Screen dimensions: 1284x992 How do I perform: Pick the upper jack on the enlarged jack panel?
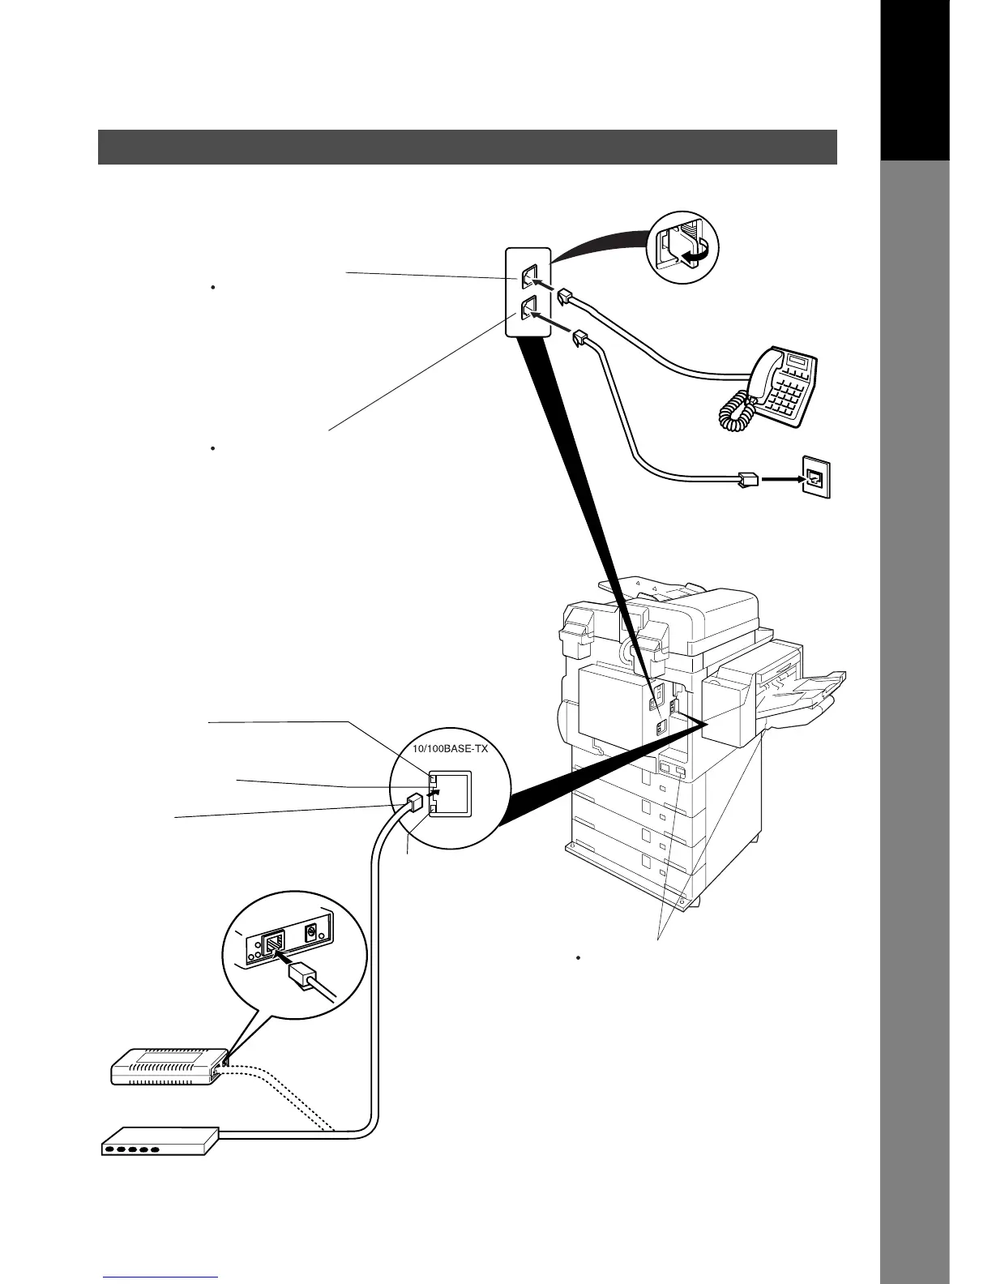point(528,276)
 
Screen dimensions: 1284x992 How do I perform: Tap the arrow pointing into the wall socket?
point(778,478)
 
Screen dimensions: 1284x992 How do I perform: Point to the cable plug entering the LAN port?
point(414,802)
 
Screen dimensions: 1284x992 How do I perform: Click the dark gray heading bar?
point(467,147)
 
